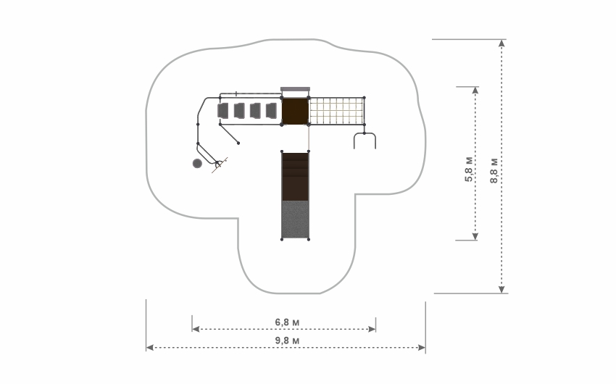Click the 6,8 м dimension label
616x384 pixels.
pyautogui.click(x=287, y=322)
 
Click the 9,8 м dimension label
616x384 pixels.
pyautogui.click(x=287, y=341)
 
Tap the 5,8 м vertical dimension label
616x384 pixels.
pyautogui.click(x=469, y=169)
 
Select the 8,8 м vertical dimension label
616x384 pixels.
pyautogui.click(x=494, y=170)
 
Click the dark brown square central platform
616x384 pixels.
pyautogui.click(x=295, y=111)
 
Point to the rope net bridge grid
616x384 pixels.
pyautogui.click(x=337, y=111)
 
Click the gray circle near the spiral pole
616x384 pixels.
pyautogui.click(x=197, y=163)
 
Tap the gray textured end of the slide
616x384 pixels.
pyautogui.click(x=295, y=220)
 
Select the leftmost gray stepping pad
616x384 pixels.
pyautogui.click(x=223, y=111)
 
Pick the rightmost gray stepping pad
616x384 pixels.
pyautogui.click(x=272, y=111)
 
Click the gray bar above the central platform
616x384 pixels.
pyautogui.click(x=295, y=89)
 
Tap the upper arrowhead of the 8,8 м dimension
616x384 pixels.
pyautogui.click(x=501, y=43)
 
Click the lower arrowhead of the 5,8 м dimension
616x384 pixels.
pyautogui.click(x=475, y=236)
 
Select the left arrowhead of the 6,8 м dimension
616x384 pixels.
pyautogui.click(x=196, y=329)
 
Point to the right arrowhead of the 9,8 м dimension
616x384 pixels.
pyautogui.click(x=422, y=348)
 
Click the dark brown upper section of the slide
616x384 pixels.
pyautogui.click(x=295, y=177)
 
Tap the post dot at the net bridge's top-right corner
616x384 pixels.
pyautogui.click(x=365, y=98)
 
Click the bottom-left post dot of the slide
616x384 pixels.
pyautogui.click(x=282, y=239)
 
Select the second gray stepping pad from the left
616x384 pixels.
pyautogui.click(x=239, y=111)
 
